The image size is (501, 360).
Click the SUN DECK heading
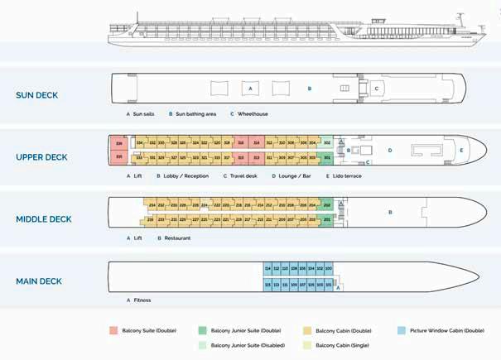click(x=37, y=95)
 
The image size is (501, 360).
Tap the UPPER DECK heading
click(x=41, y=157)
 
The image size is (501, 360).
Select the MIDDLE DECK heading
click(x=43, y=219)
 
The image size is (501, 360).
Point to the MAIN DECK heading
click(x=39, y=281)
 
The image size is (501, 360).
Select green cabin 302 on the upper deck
click(x=326, y=143)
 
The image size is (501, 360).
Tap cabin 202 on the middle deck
click(x=326, y=204)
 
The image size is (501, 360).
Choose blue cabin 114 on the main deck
click(x=267, y=269)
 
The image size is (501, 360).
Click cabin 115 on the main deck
click(x=267, y=284)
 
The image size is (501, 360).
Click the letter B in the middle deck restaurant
click(x=390, y=212)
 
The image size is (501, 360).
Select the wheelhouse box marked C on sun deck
click(x=376, y=88)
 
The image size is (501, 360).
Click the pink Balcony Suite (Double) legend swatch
click(x=113, y=330)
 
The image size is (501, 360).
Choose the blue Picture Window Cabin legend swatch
click(x=401, y=330)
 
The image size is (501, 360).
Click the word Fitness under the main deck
click(x=142, y=300)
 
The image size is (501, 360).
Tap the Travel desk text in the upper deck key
click(x=243, y=175)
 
